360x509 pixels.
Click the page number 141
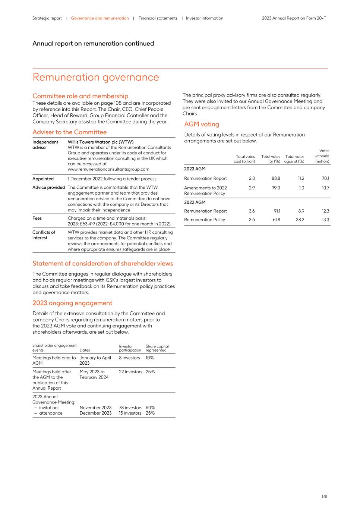coord(324,496)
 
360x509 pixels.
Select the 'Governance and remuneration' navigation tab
coord(100,18)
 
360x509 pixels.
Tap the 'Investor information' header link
coord(204,18)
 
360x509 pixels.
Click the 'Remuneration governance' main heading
coord(96,77)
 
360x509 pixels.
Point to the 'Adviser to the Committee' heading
coord(69,132)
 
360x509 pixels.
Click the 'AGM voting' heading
coord(201,124)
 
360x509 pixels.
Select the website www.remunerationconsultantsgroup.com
coord(108,169)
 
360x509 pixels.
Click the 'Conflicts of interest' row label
coord(44,235)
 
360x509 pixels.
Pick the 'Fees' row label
coord(37,218)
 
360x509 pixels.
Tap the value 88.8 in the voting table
coord(276,179)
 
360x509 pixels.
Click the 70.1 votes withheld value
coord(325,179)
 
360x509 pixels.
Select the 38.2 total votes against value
coord(300,220)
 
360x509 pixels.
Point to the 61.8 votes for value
coord(276,220)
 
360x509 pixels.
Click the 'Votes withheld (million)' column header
coord(322,156)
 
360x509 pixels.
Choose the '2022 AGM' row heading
coord(195,202)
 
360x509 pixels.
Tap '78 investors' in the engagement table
coord(130,408)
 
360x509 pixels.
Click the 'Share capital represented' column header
coord(157,348)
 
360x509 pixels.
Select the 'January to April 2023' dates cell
coord(95,360)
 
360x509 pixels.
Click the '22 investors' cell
coord(130,372)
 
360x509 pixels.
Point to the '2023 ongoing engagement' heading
coord(72,303)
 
